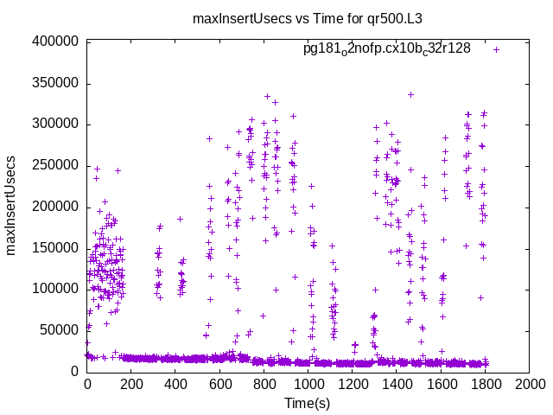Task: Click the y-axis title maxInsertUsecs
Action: click(12, 206)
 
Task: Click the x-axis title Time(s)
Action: click(308, 403)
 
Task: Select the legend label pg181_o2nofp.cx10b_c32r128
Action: click(386, 49)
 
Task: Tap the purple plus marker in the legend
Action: click(497, 49)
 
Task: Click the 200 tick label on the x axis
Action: click(130, 386)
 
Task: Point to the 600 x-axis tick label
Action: click(219, 386)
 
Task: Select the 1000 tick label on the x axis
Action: click(308, 386)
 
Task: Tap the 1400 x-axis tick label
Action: click(397, 386)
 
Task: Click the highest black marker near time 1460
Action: click(410, 94)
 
